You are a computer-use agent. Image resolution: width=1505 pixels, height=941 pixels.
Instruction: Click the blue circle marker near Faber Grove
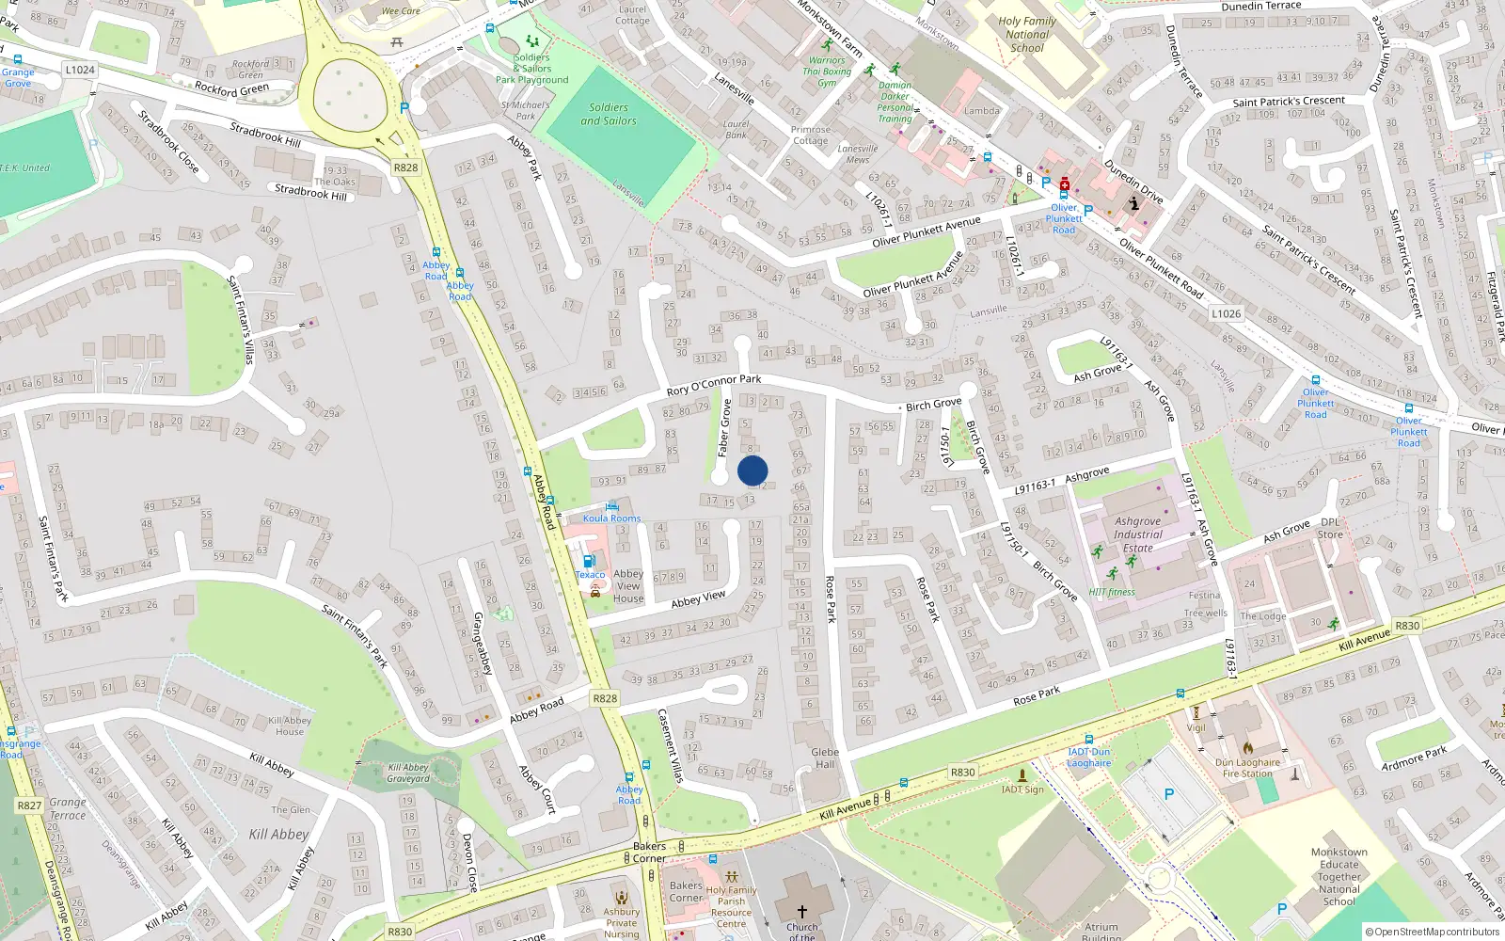tap(752, 470)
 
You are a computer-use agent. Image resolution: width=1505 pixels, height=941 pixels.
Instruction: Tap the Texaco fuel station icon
tap(589, 561)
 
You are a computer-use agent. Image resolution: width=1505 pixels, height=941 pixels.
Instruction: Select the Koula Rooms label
tap(611, 518)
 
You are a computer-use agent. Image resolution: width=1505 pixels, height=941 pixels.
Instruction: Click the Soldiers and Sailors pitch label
tap(608, 114)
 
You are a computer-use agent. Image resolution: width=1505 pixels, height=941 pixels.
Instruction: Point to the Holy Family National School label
tap(1027, 34)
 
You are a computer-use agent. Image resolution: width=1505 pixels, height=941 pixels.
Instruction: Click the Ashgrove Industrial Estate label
tap(1137, 534)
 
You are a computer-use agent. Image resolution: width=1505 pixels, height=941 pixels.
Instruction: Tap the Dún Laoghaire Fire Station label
tap(1247, 768)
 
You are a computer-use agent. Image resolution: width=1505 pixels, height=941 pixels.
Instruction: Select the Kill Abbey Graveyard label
tap(408, 773)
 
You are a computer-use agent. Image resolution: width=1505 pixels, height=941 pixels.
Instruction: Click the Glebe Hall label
tap(825, 758)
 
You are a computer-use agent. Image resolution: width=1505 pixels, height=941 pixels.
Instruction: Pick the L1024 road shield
tap(80, 70)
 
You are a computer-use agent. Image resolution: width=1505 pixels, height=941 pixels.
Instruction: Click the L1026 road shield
tap(1226, 313)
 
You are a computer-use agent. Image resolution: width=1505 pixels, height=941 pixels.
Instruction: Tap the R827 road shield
tap(29, 805)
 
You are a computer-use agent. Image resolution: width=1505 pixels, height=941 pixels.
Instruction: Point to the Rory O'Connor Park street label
tap(714, 385)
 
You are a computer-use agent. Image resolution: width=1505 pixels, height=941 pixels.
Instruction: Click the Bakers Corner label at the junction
tap(649, 852)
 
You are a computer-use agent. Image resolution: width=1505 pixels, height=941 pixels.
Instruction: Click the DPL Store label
tap(1330, 528)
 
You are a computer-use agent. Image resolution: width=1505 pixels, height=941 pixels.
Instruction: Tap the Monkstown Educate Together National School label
tap(1339, 876)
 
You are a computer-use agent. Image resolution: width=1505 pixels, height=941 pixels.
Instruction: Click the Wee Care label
tap(401, 11)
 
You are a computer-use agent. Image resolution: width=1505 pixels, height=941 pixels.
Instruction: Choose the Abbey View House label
tap(628, 585)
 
